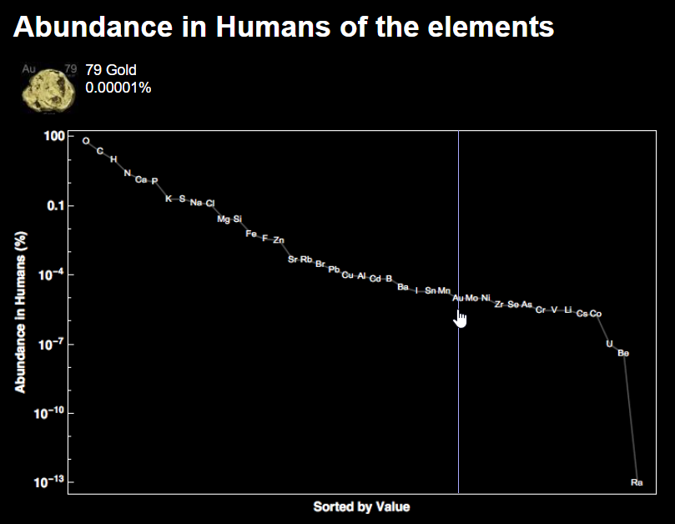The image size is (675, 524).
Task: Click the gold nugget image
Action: click(x=47, y=89)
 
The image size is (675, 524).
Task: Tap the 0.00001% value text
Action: click(x=118, y=87)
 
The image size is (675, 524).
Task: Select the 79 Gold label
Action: click(x=110, y=70)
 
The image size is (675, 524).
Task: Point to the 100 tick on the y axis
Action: click(x=53, y=136)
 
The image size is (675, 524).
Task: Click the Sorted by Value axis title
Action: click(x=361, y=506)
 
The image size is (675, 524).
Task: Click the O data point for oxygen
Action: click(x=86, y=141)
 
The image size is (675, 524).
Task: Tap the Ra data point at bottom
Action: click(x=637, y=482)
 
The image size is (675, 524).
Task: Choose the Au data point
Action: click(x=457, y=298)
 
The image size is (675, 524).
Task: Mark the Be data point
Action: click(x=623, y=353)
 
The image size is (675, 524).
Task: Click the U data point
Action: click(x=609, y=344)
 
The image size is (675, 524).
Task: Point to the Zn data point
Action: click(x=279, y=240)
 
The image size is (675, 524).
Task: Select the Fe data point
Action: click(x=251, y=234)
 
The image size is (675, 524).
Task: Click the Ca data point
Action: click(x=141, y=180)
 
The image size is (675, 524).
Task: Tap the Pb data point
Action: click(x=334, y=270)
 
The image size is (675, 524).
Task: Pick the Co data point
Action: click(x=596, y=314)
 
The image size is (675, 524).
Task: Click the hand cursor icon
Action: click(x=461, y=319)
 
